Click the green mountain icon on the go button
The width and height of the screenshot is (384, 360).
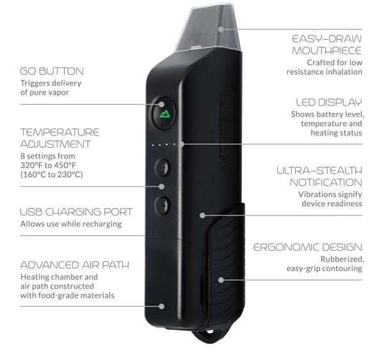point(165,114)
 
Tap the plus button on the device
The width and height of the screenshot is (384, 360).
point(163,168)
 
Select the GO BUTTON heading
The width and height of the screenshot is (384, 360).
point(52,71)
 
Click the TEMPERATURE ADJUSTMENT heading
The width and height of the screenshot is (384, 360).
point(60,138)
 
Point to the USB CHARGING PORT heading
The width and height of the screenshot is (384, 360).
point(76,212)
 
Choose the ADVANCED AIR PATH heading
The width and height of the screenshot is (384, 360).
point(75,265)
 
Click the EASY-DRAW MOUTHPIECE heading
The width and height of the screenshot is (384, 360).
point(327,45)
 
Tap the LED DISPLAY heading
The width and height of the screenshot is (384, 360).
point(329,102)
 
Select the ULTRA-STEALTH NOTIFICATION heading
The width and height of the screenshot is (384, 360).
point(319,176)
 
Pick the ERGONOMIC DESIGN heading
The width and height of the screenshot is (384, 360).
point(308,247)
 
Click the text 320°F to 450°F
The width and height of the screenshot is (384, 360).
point(48,166)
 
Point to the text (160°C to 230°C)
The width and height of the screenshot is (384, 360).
point(52,175)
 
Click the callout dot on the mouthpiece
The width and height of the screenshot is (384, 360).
point(221,29)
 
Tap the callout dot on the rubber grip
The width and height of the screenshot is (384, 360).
point(221,280)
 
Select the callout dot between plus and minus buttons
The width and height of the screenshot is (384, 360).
point(161,187)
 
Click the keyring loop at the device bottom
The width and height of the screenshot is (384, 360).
point(211,335)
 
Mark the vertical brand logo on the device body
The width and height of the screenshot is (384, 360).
point(227,132)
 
